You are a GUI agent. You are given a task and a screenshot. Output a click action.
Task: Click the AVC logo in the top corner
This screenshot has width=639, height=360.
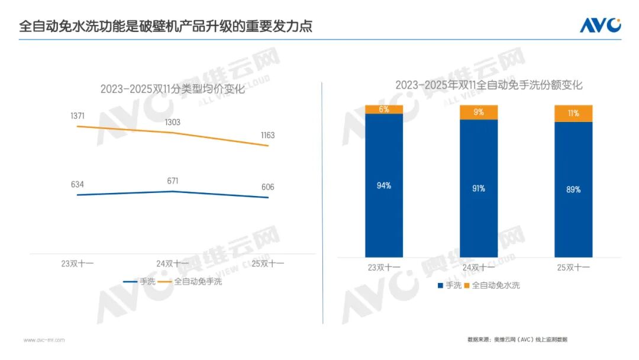pos(600,25)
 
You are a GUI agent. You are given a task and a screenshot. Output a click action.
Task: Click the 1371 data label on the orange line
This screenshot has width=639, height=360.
pos(78,116)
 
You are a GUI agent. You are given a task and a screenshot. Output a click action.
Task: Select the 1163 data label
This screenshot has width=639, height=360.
pos(267,136)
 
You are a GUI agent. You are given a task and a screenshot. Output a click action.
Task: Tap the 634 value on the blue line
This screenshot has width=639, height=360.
pos(78,185)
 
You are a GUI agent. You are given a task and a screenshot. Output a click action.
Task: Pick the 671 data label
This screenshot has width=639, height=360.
pos(173,181)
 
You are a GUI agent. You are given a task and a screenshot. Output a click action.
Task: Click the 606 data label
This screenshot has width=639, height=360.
pos(267,187)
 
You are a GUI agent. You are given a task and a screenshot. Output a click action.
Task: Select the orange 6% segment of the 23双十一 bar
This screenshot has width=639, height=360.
pos(384,109)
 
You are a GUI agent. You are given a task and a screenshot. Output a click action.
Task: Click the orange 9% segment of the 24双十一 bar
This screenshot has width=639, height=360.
pos(479,112)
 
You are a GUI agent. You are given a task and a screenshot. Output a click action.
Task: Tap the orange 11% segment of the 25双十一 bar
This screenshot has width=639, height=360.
pos(573,113)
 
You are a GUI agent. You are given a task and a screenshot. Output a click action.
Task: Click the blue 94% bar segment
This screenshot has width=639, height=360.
pos(384,185)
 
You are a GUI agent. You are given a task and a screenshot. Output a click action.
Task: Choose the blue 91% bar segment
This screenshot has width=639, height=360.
pos(479,188)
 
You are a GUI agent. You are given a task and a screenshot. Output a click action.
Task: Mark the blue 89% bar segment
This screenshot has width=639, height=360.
pos(573,189)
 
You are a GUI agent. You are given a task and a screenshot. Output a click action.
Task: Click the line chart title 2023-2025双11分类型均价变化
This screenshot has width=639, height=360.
pos(172,89)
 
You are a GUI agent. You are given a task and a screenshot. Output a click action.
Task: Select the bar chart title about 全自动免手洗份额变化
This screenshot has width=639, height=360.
pos(489,85)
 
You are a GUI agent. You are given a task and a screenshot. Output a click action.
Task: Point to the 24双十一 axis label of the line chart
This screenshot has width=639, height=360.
pos(173,263)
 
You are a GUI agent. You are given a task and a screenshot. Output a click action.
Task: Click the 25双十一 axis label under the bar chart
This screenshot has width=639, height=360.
pos(573,268)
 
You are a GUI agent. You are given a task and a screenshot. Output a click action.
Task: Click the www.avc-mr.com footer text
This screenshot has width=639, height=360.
pos(44,340)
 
